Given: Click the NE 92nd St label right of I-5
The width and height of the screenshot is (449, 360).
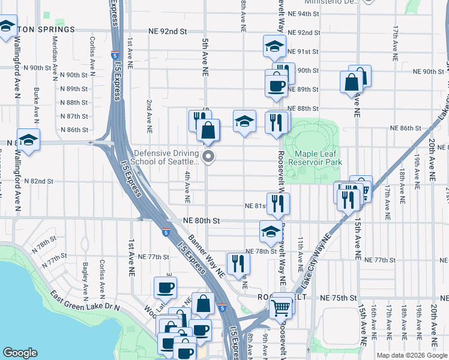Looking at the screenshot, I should click(x=304, y=32).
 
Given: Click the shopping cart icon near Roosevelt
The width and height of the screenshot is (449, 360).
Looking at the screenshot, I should click(x=280, y=308).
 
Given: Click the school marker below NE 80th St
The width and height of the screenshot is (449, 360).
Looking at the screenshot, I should click(x=271, y=230).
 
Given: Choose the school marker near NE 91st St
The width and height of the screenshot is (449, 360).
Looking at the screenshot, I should click(x=274, y=46).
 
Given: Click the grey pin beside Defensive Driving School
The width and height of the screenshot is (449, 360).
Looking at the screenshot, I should click(x=209, y=157).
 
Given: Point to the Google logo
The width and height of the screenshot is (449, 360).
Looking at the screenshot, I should click(x=20, y=353).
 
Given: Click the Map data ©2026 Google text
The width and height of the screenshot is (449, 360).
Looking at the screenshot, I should click(x=412, y=355).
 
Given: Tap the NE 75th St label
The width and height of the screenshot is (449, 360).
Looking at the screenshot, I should click(x=339, y=298).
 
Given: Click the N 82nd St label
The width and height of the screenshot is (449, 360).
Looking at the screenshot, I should click(x=40, y=181).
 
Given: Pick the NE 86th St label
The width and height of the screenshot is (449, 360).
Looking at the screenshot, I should click(x=406, y=128).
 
